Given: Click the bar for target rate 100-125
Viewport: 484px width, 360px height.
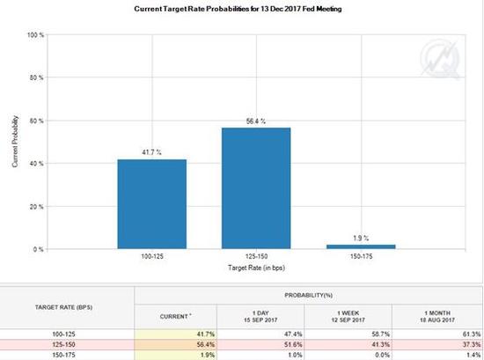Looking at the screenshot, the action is [152, 204].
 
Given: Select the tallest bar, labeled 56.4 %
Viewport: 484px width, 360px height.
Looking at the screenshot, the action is [256, 188].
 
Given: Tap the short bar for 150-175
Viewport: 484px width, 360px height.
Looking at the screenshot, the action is [361, 246].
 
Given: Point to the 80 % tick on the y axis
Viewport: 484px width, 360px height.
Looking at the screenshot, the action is [36, 77].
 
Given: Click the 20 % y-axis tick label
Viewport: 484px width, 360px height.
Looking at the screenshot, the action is [36, 207].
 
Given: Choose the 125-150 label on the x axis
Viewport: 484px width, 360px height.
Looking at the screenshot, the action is [256, 256].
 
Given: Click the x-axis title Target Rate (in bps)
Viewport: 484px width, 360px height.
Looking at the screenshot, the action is [256, 268].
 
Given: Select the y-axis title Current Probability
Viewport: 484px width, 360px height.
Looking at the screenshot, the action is [15, 142].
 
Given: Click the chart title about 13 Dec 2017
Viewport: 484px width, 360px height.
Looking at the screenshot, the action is [238, 9].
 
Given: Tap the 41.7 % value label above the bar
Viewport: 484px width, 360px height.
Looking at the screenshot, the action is [152, 152].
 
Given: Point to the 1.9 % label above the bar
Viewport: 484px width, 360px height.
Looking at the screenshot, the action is [361, 238].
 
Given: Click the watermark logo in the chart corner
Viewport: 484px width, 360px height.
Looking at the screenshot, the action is [439, 59].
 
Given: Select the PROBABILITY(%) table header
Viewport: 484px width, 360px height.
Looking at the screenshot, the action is [308, 296].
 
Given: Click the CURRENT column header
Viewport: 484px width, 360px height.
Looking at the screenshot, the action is [175, 317].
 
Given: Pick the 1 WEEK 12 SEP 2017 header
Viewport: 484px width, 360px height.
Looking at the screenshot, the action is [348, 317].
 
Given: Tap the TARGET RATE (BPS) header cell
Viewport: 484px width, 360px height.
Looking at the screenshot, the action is [63, 307].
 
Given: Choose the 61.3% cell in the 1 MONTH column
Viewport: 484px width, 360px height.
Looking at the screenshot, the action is [472, 334].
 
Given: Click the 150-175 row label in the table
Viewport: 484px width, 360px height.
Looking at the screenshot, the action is [63, 355].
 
